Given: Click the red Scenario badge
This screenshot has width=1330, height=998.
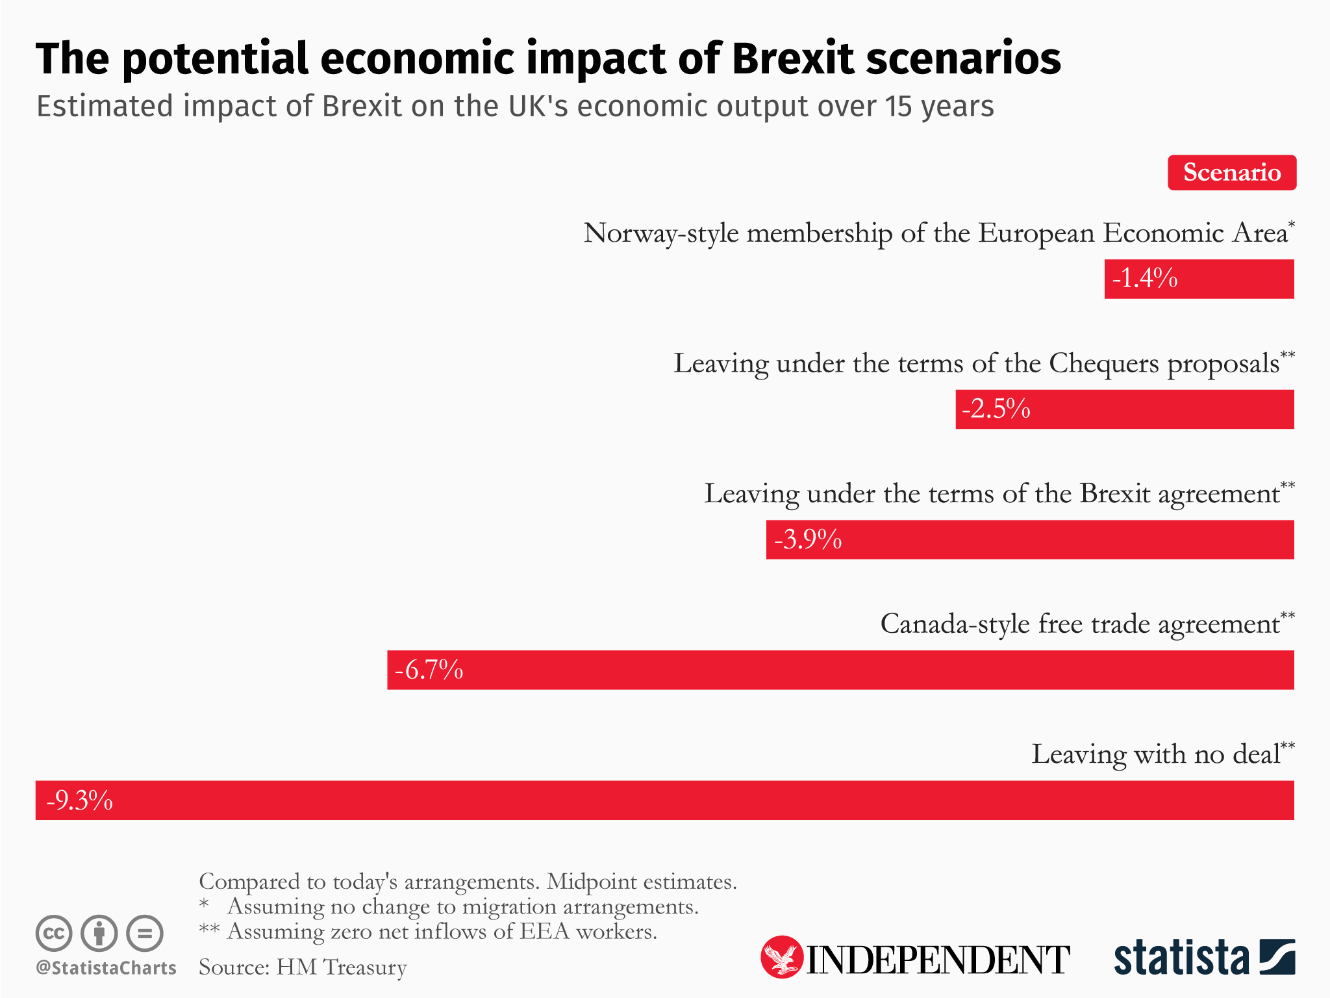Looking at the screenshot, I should point(1231,173).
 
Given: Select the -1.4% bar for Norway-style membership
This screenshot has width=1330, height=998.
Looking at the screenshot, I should point(1199,279).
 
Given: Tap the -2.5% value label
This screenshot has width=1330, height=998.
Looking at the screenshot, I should point(996,409).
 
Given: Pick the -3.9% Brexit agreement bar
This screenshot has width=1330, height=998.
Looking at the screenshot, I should point(1030,539).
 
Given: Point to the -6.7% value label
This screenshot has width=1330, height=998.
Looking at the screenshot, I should point(429,669).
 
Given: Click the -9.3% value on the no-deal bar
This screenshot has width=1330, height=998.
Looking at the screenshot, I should point(79,800).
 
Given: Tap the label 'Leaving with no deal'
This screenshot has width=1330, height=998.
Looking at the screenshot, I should point(1156,754).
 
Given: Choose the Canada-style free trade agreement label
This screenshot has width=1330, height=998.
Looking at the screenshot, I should point(1080,624).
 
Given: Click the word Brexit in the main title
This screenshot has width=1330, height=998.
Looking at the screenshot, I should point(792,58).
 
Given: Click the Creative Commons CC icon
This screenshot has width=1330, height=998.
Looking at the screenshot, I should point(54,934).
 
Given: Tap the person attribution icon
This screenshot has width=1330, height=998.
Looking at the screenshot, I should point(99,934).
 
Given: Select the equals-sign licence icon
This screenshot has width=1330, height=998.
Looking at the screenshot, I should point(144,934).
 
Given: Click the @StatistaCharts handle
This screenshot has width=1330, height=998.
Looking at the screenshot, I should point(106,967).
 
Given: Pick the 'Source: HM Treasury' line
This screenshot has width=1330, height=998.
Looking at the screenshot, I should point(303,967).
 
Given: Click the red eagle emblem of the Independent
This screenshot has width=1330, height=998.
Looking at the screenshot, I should point(781,957).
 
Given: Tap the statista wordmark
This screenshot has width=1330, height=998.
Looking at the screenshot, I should point(1181,958).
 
